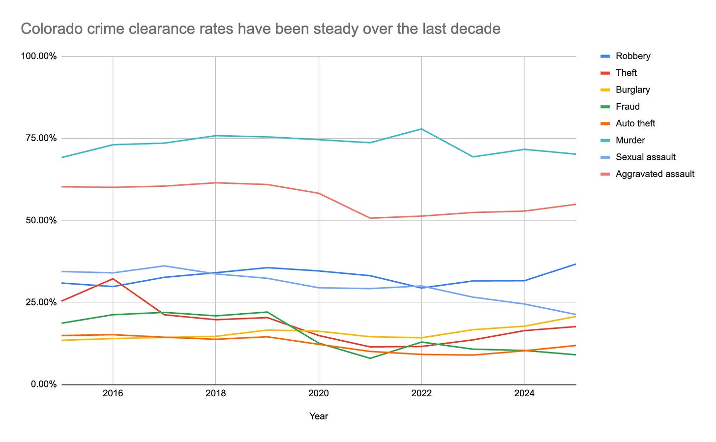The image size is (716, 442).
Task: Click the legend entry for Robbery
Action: (x=632, y=56)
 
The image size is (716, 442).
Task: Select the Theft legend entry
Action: (x=626, y=73)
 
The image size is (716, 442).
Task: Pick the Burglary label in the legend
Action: (x=632, y=89)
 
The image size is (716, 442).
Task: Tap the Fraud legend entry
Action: (x=627, y=106)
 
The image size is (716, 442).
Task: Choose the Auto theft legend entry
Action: (x=635, y=123)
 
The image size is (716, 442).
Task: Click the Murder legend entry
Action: (x=630, y=140)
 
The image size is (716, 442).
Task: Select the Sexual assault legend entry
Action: (x=645, y=157)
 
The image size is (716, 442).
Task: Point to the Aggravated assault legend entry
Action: (x=655, y=174)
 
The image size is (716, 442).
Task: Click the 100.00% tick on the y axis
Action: (x=38, y=56)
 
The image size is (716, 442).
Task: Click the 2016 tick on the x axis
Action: (x=113, y=393)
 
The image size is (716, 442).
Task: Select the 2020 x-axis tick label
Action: (x=319, y=393)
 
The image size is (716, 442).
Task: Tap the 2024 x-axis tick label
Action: (x=524, y=393)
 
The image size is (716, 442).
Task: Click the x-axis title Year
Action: (x=319, y=416)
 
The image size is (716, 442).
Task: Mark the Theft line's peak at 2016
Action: (x=113, y=279)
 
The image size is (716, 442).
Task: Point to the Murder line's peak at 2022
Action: (x=421, y=129)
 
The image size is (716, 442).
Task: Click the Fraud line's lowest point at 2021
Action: (x=370, y=358)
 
